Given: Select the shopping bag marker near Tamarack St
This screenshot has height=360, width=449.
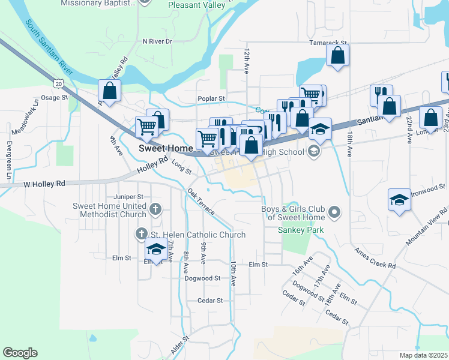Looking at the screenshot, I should (338, 56).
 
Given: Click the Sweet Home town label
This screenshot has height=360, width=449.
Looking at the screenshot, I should (166, 148).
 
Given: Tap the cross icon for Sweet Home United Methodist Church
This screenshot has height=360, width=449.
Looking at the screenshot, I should (155, 209).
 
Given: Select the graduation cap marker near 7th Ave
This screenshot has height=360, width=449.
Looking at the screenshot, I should (156, 250).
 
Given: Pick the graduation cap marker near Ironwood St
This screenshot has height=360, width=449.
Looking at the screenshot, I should (399, 200).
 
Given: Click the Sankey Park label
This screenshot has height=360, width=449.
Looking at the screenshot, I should (301, 230).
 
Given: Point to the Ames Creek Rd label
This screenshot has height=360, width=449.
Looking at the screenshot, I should (375, 257).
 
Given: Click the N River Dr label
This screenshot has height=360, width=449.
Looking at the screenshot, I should (157, 41).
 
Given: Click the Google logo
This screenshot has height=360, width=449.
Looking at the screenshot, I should (20, 353).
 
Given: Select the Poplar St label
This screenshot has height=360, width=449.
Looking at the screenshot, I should (211, 98).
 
